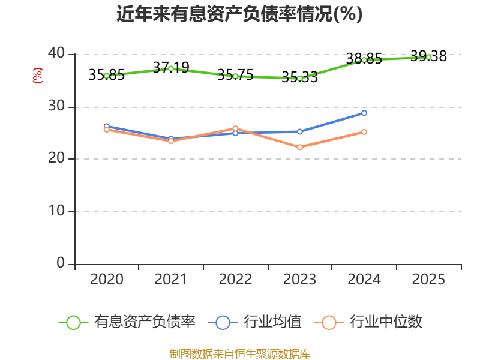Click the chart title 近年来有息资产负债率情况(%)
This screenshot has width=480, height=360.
click(x=239, y=14)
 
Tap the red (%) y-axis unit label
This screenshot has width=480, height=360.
click(x=38, y=76)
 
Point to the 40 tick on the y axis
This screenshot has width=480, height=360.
click(x=56, y=53)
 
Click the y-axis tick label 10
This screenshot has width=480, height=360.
click(x=56, y=211)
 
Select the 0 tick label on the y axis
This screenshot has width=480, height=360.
click(x=61, y=263)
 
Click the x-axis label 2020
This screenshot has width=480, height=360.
click(x=107, y=279)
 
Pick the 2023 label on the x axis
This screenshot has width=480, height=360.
click(x=299, y=279)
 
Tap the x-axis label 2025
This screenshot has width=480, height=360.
click(x=428, y=279)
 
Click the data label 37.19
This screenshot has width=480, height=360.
click(x=171, y=67)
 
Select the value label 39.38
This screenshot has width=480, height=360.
click(x=428, y=56)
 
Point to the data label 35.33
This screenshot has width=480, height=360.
click(x=299, y=77)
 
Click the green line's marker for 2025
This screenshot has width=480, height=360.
click(x=428, y=57)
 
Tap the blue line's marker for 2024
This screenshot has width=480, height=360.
click(x=364, y=113)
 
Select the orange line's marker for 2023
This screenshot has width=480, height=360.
click(x=299, y=147)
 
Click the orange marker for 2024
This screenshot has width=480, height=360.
click(x=364, y=132)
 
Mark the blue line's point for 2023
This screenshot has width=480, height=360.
click(x=299, y=131)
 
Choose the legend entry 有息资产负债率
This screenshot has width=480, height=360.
click(x=127, y=322)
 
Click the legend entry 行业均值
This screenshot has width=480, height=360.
click(x=254, y=322)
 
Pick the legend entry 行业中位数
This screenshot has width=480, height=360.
click(x=368, y=322)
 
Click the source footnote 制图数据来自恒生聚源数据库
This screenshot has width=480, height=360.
click(x=240, y=354)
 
